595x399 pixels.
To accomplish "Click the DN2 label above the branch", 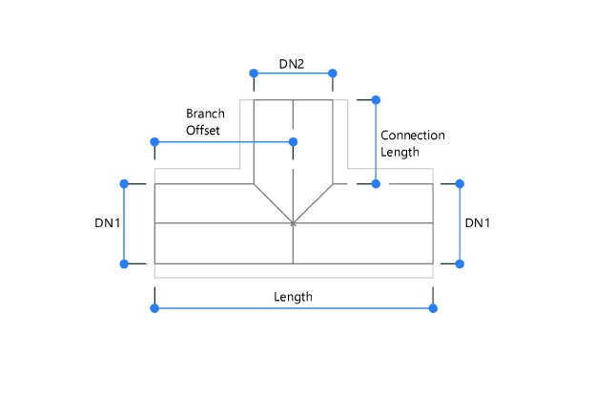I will pyautogui.click(x=292, y=63).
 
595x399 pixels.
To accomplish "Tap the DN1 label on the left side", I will pyautogui.click(x=108, y=222).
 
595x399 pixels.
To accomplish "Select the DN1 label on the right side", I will pyautogui.click(x=478, y=222).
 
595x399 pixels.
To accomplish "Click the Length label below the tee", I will pyautogui.click(x=293, y=296).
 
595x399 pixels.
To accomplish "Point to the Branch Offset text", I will pyautogui.click(x=205, y=122).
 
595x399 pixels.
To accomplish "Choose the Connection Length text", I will pyautogui.click(x=412, y=143).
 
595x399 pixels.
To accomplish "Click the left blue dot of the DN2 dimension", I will pyautogui.click(x=253, y=73).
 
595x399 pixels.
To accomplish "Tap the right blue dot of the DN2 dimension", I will pyautogui.click(x=333, y=73).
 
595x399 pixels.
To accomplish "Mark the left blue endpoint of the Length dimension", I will pyautogui.click(x=154, y=307).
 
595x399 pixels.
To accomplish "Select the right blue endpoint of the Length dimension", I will pyautogui.click(x=433, y=307).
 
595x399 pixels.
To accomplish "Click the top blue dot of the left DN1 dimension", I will pyautogui.click(x=123, y=183).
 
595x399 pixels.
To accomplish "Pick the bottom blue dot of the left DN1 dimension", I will pyautogui.click(x=123, y=263).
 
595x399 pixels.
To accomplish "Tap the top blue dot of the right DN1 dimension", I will pyautogui.click(x=461, y=183).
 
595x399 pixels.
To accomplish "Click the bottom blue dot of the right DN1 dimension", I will pyautogui.click(x=461, y=263).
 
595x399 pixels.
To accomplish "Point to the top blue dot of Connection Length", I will pyautogui.click(x=376, y=98).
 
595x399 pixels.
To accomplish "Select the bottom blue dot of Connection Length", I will pyautogui.click(x=376, y=183).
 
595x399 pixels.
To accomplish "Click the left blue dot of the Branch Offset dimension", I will pyautogui.click(x=154, y=141).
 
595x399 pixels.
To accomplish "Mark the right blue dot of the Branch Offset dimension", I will pyautogui.click(x=293, y=141).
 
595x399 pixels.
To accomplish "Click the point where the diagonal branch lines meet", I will pyautogui.click(x=293, y=223).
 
